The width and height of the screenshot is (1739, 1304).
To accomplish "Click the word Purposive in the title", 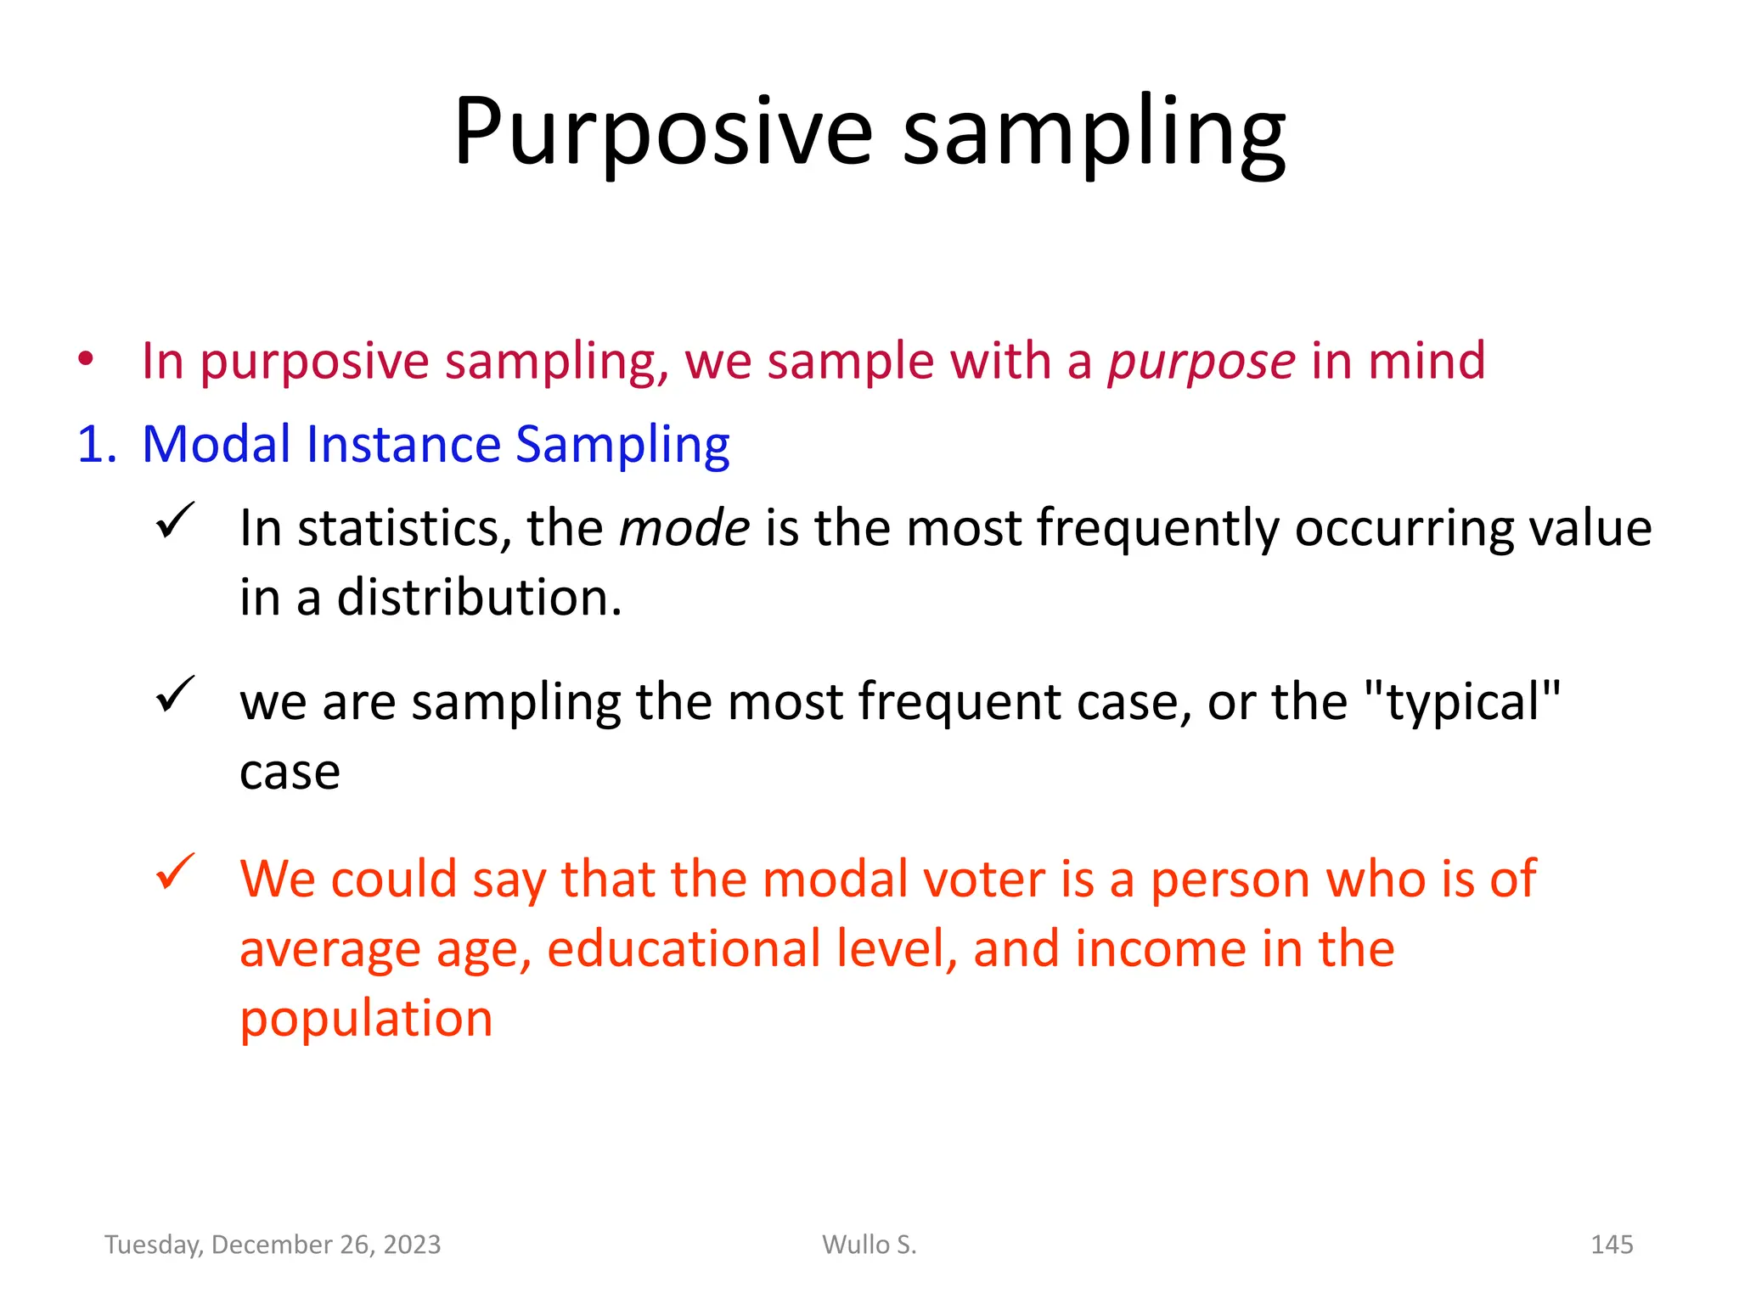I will pyautogui.click(x=662, y=132).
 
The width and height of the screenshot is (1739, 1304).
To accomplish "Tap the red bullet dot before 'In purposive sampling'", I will pyautogui.click(x=85, y=359).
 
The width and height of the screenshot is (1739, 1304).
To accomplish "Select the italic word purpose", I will pyautogui.click(x=1201, y=362).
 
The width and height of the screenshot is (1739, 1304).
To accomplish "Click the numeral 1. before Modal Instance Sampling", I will pyautogui.click(x=96, y=444).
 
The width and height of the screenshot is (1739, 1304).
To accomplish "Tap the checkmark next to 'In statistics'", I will pyautogui.click(x=176, y=520).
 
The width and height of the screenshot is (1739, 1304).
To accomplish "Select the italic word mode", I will pyautogui.click(x=684, y=528).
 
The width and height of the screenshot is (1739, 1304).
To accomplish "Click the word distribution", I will pyautogui.click(x=479, y=598).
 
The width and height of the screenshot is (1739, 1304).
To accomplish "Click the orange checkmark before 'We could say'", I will pyautogui.click(x=176, y=872).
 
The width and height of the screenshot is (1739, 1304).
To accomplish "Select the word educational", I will pyautogui.click(x=684, y=948).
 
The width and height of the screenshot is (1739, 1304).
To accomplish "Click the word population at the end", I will pyautogui.click(x=366, y=1019).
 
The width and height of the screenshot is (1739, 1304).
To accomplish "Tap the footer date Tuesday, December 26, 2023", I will pyautogui.click(x=273, y=1245).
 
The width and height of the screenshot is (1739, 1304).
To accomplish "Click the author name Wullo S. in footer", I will pyautogui.click(x=869, y=1245).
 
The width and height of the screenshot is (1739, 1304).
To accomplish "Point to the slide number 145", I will pyautogui.click(x=1611, y=1245).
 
